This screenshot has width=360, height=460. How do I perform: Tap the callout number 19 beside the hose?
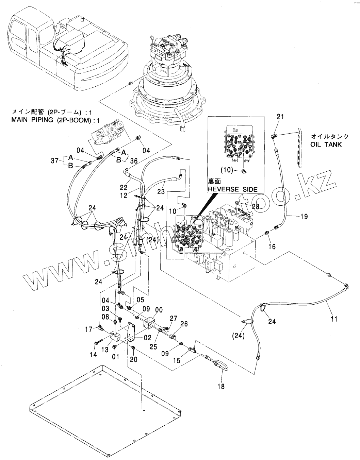click(x=304, y=216)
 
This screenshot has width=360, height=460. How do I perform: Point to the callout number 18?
click(x=221, y=387)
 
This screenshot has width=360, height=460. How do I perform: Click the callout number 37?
click(x=55, y=161)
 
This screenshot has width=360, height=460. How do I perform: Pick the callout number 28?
click(x=255, y=206)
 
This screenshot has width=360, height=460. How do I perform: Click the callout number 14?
click(x=93, y=355)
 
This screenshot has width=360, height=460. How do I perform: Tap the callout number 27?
click(x=174, y=318)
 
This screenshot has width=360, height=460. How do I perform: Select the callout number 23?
click(x=161, y=191)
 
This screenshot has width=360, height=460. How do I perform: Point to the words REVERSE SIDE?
click(x=232, y=189)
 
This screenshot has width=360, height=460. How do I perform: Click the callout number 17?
click(x=89, y=329)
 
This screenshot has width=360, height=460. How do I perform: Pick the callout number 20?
click(x=133, y=359)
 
